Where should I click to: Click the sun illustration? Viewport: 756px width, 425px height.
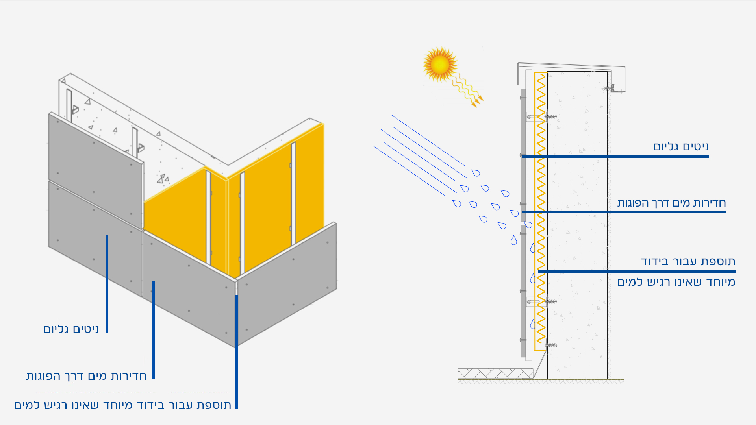[440, 64]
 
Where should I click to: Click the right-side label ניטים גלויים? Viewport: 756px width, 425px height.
[681, 147]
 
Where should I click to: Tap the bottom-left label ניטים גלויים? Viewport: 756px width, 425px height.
[71, 329]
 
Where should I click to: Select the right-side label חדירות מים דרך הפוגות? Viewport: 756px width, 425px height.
[671, 203]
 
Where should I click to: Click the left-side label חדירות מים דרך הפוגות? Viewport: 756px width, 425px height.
[86, 376]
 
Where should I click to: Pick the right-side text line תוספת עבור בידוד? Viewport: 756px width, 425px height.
[688, 261]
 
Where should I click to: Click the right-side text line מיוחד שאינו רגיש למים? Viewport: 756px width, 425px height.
[676, 282]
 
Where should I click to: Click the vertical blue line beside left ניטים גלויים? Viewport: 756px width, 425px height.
[107, 283]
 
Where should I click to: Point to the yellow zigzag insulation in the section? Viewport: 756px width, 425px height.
[541, 213]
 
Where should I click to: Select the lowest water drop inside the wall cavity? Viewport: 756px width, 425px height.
[533, 324]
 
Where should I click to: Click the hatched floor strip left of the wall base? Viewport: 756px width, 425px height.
[495, 373]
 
